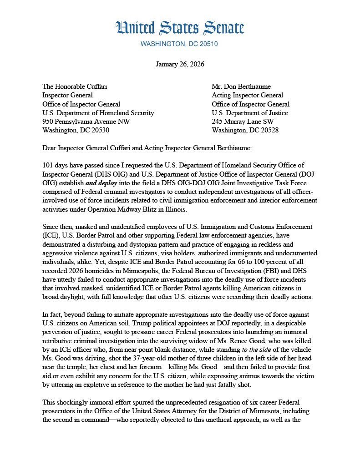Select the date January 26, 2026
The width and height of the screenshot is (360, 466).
point(180,64)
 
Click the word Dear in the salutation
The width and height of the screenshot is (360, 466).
point(50,147)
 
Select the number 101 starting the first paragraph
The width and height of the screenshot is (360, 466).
point(48,165)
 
